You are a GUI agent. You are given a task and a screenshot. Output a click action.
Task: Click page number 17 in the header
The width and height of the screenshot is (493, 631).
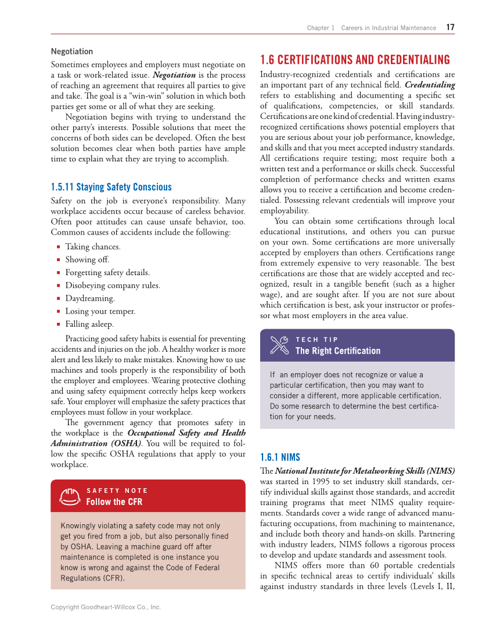451,27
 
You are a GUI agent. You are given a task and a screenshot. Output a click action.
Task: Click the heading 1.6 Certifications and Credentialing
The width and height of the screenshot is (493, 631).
355,60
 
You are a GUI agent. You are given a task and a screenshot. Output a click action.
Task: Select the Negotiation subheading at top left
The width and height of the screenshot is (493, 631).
72,51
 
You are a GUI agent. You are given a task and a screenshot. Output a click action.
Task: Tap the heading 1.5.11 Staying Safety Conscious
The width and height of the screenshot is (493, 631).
111,187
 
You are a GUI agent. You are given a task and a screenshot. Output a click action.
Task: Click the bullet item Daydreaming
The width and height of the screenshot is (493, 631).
90,298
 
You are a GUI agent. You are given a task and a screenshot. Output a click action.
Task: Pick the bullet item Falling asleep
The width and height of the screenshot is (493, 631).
89,324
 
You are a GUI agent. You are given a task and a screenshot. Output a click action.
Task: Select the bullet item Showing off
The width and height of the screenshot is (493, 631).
87,259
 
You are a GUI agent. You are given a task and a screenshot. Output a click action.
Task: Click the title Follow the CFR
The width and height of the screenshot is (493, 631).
114,502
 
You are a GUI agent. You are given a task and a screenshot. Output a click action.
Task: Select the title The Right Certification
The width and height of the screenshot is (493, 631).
337,351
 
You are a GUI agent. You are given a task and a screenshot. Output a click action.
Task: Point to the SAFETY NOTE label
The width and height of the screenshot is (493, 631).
117,491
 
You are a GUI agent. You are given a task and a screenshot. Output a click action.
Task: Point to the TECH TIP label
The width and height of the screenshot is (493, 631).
316,340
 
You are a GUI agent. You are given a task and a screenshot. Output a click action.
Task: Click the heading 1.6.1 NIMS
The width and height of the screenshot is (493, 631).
280,457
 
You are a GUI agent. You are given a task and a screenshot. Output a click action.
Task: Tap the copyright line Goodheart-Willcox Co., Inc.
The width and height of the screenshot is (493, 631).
106,607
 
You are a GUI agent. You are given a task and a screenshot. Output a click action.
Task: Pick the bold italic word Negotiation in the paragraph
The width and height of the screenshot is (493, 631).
174,75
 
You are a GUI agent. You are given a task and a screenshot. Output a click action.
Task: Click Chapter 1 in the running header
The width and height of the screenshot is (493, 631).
321,28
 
